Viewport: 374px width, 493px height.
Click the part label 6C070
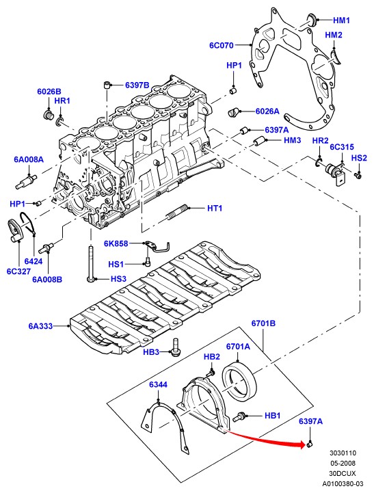pos(222,45)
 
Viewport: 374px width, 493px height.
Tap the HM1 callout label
pos(341,21)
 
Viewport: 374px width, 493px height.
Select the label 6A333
pos(40,326)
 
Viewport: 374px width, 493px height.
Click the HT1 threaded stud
pos(177,212)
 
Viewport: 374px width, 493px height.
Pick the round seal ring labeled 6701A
pos(240,381)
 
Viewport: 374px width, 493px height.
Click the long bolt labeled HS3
pos(90,263)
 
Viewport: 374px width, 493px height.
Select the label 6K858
pos(116,243)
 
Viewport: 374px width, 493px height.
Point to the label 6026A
pos(267,111)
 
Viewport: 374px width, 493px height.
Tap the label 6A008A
pos(29,159)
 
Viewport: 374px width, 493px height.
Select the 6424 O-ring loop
pos(27,224)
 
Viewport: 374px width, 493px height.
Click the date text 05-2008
pos(343,463)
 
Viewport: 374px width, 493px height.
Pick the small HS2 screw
pos(358,176)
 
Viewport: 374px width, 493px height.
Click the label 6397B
pos(137,85)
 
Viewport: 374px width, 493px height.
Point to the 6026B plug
pos(47,114)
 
